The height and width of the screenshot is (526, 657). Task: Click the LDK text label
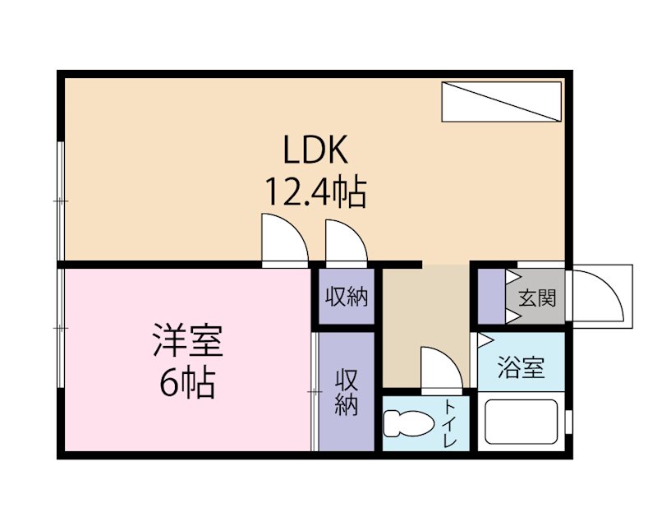[317, 151]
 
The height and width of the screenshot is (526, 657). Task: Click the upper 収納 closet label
[347, 297]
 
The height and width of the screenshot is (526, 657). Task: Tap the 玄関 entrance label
[536, 298]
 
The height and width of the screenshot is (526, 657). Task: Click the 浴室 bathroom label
[521, 367]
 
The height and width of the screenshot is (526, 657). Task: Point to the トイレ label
[451, 422]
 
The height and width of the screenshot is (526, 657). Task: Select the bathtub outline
[521, 422]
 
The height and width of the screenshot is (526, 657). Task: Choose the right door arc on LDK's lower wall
[346, 241]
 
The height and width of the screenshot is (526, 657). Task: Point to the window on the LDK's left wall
[61, 201]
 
